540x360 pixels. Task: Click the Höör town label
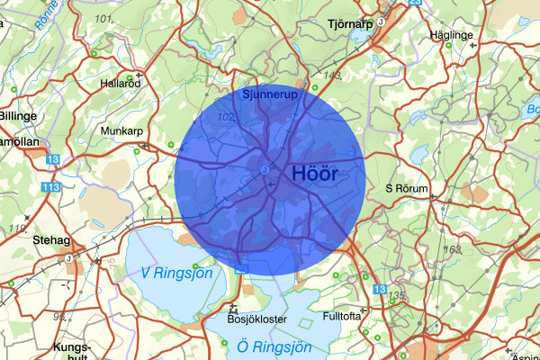pyautogui.click(x=315, y=175)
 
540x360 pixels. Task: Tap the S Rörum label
pyautogui.click(x=407, y=188)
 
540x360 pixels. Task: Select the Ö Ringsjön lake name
pyautogui.click(x=274, y=346)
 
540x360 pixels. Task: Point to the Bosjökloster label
pyautogui.click(x=256, y=319)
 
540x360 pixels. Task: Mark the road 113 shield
pyautogui.click(x=50, y=186)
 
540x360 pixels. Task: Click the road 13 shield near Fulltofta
pyautogui.click(x=379, y=289)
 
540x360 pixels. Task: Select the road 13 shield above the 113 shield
pyautogui.click(x=53, y=159)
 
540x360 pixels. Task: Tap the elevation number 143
pyautogui.click(x=333, y=76)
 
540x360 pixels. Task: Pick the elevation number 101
pyautogui.click(x=103, y=19)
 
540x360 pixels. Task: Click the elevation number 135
pyautogui.click(x=397, y=296)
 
